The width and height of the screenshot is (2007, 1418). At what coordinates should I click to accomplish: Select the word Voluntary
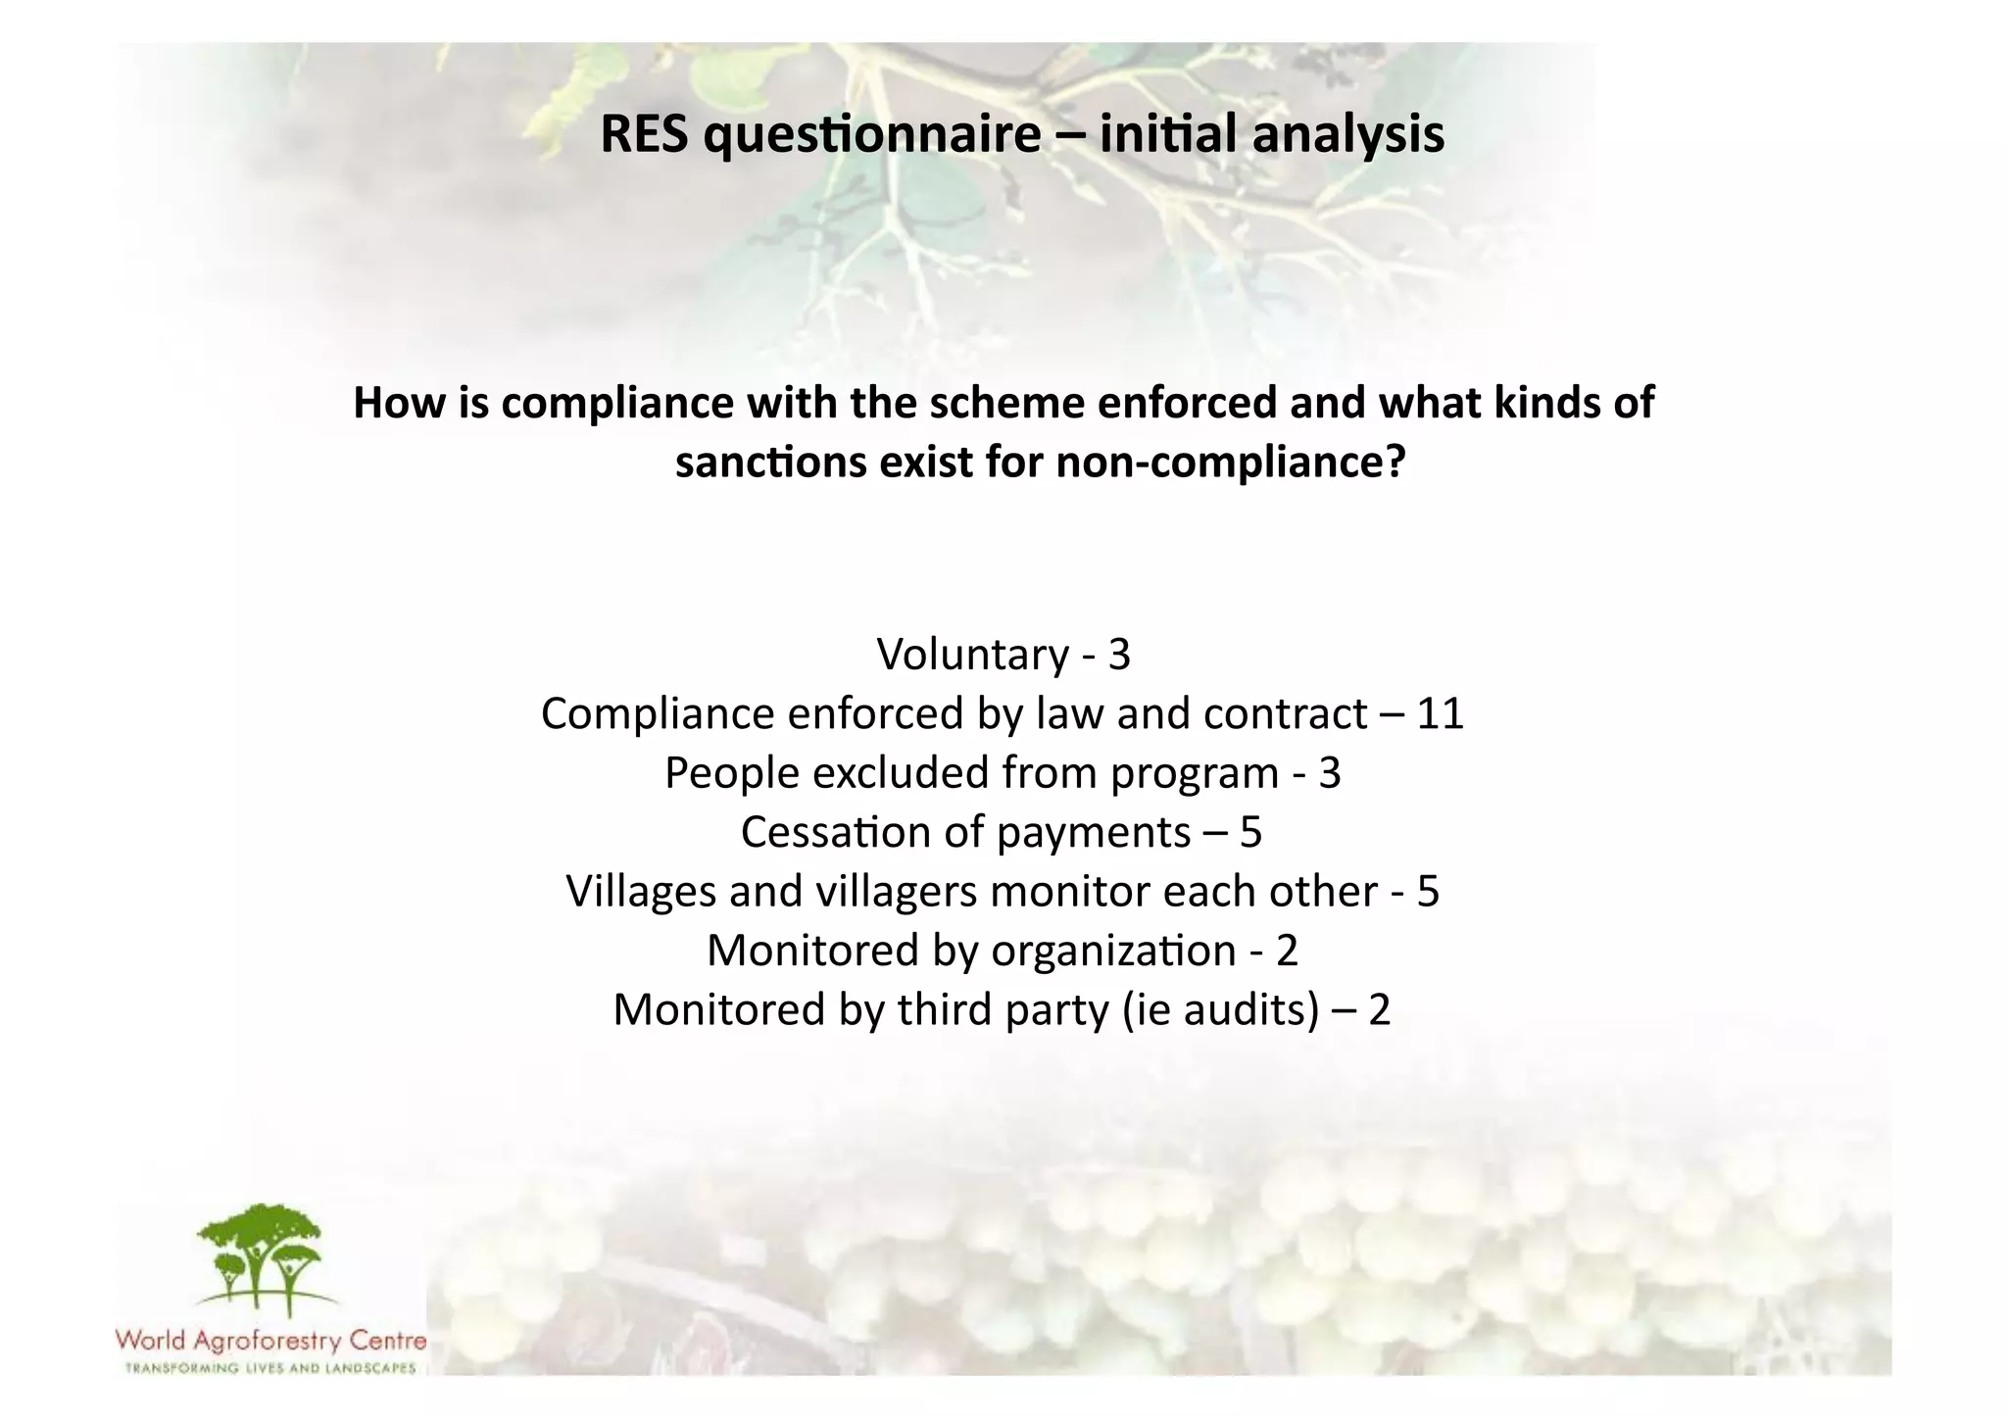972,655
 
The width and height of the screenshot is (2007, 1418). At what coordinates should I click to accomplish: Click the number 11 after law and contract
1440,713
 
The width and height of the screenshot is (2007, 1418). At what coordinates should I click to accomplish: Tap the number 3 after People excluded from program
1329,773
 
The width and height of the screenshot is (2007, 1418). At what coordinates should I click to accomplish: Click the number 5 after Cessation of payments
1250,832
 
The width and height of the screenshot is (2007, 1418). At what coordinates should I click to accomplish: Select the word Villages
641,892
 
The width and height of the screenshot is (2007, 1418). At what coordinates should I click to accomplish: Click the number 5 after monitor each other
1428,892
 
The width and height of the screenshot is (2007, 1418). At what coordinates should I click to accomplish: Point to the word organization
1113,951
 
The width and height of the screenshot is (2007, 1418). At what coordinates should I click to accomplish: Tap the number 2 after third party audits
1379,1010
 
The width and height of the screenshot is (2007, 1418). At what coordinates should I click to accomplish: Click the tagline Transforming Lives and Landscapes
270,1368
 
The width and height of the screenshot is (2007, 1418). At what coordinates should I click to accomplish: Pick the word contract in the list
1285,713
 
